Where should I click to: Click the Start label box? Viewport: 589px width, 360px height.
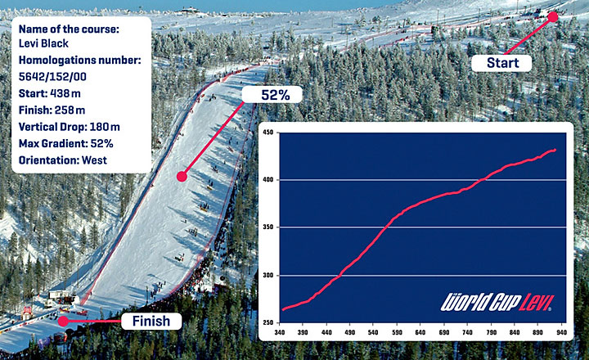click(x=501, y=63)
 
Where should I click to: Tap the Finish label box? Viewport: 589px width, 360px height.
click(x=151, y=321)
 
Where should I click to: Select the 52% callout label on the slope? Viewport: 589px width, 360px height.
click(x=272, y=94)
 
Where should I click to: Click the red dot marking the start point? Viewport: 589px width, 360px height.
click(x=552, y=17)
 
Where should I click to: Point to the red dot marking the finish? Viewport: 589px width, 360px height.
click(x=63, y=321)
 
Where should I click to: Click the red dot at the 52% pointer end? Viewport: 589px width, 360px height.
click(x=182, y=176)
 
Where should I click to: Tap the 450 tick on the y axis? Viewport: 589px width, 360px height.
click(x=268, y=133)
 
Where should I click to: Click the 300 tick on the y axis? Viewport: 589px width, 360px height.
click(x=268, y=276)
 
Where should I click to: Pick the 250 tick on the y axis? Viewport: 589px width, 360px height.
click(x=268, y=322)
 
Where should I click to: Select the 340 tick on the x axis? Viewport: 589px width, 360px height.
click(x=280, y=332)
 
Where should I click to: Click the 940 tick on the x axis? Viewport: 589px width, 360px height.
click(x=561, y=332)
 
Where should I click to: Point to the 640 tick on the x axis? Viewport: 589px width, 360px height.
click(x=420, y=332)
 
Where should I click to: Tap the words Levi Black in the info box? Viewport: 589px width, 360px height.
click(x=43, y=43)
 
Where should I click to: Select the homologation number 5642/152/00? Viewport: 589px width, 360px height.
click(x=52, y=77)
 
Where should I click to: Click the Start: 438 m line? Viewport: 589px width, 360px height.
click(x=50, y=93)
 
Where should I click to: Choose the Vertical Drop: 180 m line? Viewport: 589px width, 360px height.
click(x=70, y=127)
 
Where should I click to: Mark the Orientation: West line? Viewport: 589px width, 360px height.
click(x=63, y=160)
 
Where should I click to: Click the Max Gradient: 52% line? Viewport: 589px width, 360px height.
click(x=66, y=143)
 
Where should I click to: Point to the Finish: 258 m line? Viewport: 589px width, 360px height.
click(x=52, y=110)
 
